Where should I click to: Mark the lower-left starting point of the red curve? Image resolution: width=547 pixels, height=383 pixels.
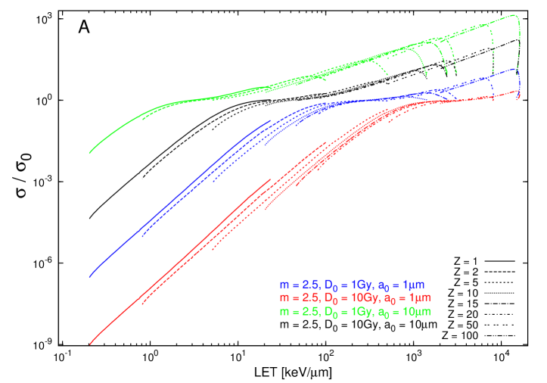tap(90, 344)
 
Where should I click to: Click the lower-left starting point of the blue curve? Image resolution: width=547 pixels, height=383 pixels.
tap(90, 276)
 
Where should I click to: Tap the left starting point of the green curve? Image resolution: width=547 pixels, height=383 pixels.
tap(90, 153)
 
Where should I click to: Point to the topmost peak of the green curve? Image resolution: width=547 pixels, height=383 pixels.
tap(514, 15)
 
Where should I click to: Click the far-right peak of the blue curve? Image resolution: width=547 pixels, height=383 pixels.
tap(514, 70)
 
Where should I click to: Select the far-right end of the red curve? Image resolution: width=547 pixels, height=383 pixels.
tap(518, 92)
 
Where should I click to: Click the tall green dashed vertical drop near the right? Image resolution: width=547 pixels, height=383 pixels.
tap(493, 53)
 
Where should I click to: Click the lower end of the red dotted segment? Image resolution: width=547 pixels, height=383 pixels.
tap(213, 249)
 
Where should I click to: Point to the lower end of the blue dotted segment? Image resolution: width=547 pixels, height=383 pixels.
tap(213, 182)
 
